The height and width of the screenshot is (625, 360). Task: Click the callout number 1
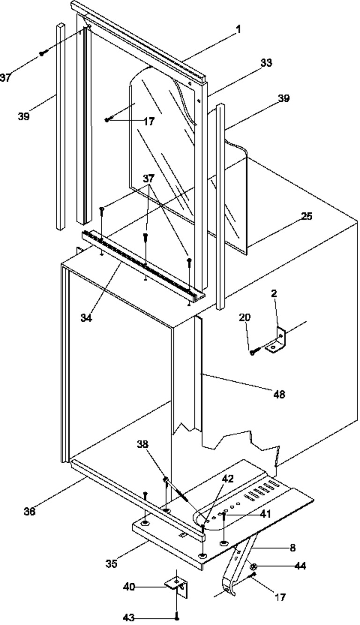[238, 30]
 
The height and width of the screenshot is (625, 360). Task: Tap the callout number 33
[266, 63]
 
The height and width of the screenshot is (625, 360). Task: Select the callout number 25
[307, 216]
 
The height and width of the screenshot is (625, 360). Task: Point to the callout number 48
[279, 394]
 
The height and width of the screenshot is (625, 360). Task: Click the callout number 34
[86, 318]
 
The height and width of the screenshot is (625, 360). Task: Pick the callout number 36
[30, 512]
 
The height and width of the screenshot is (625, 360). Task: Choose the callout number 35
[112, 564]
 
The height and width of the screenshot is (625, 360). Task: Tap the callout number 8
[292, 548]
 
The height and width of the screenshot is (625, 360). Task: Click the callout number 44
[300, 566]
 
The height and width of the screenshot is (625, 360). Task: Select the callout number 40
[129, 587]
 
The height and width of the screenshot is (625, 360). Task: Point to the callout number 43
[129, 617]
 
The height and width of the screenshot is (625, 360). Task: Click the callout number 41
[265, 514]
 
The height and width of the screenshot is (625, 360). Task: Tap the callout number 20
[245, 317]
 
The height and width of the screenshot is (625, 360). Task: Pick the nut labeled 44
[254, 566]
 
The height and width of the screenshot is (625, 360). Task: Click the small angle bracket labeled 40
[177, 588]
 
